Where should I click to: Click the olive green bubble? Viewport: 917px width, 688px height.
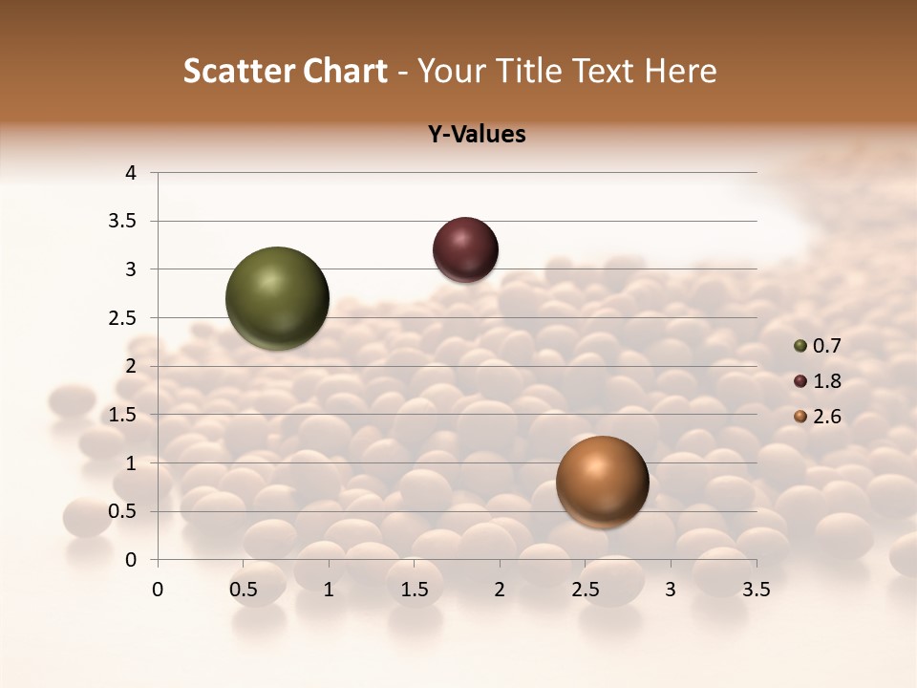coord(278,298)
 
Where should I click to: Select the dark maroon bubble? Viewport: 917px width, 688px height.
coord(465,249)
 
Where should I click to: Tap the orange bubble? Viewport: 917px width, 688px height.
coord(602,482)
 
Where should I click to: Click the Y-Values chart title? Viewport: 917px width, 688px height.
coord(477,134)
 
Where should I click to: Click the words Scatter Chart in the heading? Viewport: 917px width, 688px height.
coord(285,71)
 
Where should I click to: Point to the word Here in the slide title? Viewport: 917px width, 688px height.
coord(681,71)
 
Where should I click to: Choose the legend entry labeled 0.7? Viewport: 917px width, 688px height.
coord(818,346)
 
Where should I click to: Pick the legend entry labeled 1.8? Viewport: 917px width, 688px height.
coord(818,381)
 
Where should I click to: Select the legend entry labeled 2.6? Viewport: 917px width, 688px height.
coord(818,417)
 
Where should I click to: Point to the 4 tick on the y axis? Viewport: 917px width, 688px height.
coord(132,173)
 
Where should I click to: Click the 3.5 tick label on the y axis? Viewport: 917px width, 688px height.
coord(124,221)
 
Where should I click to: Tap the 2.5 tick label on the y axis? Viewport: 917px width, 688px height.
coord(124,317)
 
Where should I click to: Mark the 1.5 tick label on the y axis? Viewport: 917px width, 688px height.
coord(124,415)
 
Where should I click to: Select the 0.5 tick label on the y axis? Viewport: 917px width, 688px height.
coord(124,511)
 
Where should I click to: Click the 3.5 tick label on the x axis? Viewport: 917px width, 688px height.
coord(756,590)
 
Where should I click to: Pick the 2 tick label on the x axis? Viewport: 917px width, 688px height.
coord(500,590)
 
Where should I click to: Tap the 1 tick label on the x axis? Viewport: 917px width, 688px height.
coord(329,590)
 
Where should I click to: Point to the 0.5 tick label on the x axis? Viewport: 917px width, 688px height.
coord(244,590)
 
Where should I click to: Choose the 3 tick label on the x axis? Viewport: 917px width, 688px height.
coord(671,590)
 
